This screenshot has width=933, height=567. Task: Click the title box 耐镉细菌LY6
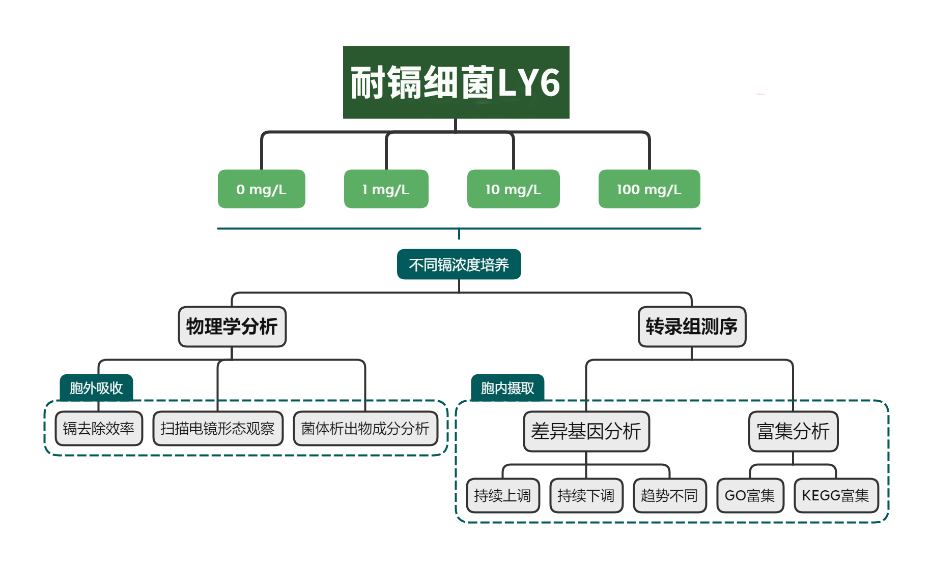(x=456, y=82)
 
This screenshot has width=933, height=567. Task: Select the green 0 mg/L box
(x=261, y=189)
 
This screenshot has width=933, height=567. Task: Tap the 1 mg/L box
(x=386, y=189)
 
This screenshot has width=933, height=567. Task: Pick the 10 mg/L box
(x=513, y=189)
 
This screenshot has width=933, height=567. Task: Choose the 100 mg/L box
(x=649, y=189)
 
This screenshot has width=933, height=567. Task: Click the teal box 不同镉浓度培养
(x=459, y=264)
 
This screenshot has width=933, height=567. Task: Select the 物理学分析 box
(x=232, y=326)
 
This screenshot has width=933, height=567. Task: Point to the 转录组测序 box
(x=692, y=326)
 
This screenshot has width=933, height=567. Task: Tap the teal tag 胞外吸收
(x=96, y=388)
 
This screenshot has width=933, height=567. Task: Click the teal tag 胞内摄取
(x=507, y=388)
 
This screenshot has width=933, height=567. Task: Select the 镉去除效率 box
(x=99, y=429)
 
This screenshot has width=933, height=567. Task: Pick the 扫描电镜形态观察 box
(x=218, y=429)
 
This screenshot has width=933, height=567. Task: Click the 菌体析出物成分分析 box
(x=365, y=429)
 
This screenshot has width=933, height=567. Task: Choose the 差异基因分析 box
(x=586, y=431)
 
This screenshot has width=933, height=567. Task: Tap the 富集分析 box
(x=793, y=431)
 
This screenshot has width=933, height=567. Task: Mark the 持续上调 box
(x=503, y=495)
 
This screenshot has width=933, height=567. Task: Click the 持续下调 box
(x=586, y=495)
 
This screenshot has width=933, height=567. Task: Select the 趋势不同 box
(x=670, y=495)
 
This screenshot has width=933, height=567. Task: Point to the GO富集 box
(x=750, y=495)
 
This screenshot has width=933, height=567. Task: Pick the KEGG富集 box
(x=836, y=495)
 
